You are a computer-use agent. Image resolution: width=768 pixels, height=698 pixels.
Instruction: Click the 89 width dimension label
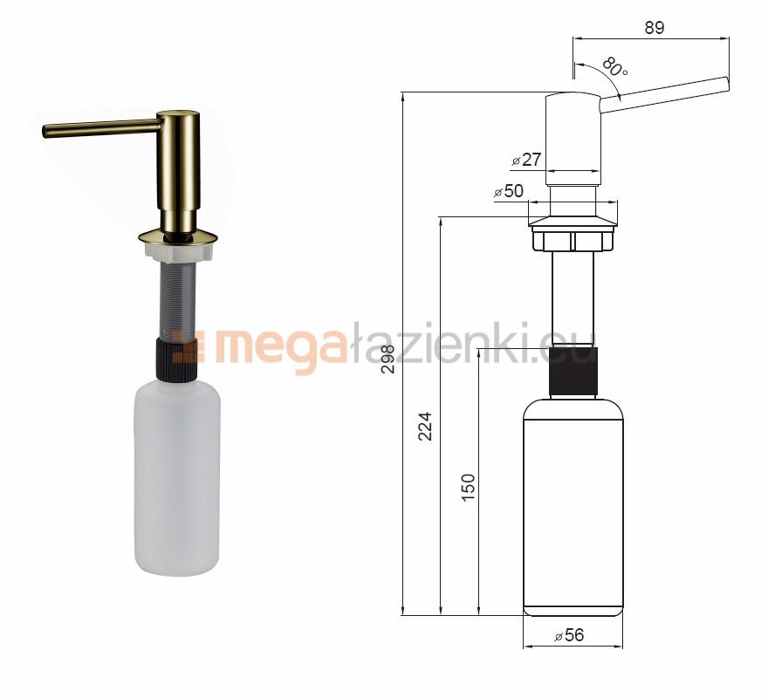tap(654, 28)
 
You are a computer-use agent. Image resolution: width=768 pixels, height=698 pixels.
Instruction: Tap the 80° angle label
tap(614, 66)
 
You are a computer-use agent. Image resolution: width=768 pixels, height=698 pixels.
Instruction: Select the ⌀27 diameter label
tap(526, 160)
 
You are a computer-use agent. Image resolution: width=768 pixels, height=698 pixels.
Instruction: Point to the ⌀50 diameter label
tap(509, 191)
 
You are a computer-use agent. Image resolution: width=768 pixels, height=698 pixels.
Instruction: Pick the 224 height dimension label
tap(425, 426)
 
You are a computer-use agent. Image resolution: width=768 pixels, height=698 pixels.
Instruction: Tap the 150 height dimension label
tap(469, 488)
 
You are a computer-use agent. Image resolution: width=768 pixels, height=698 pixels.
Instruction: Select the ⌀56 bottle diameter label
tap(569, 635)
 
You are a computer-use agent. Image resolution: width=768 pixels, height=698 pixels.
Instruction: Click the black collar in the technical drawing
tap(573, 371)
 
